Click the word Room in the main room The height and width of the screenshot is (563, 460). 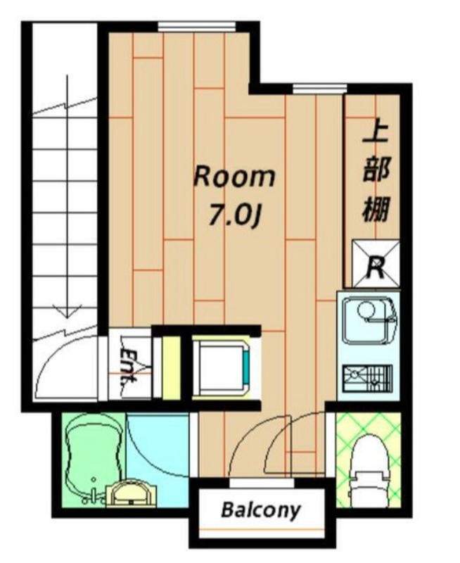(x=234, y=177)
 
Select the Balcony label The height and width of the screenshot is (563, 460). (x=260, y=510)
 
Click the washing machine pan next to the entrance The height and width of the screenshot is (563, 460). (x=219, y=367)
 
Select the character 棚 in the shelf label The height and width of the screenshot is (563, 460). (x=376, y=209)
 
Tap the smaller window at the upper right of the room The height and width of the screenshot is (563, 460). (x=319, y=89)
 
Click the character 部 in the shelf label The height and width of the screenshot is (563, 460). (x=376, y=173)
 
